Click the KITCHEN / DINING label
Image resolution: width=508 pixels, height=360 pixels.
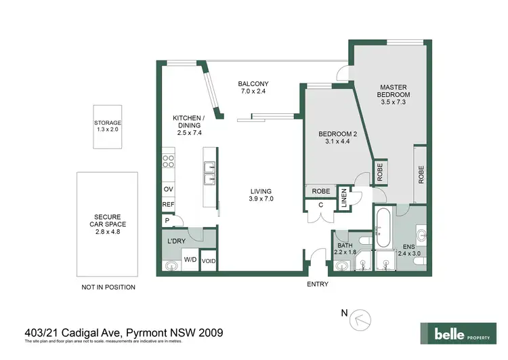(x=188, y=125)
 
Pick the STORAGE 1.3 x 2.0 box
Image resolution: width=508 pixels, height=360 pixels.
(x=108, y=126)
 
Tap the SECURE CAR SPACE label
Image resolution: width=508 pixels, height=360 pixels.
(x=108, y=224)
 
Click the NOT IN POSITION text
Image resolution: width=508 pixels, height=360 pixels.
(x=108, y=287)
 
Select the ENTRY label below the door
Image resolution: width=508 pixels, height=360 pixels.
(x=317, y=284)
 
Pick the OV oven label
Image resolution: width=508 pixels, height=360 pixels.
(x=167, y=190)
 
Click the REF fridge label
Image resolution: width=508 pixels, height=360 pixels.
(x=168, y=205)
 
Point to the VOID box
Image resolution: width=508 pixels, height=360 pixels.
(x=209, y=260)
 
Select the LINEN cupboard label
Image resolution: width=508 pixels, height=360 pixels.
(x=344, y=197)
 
